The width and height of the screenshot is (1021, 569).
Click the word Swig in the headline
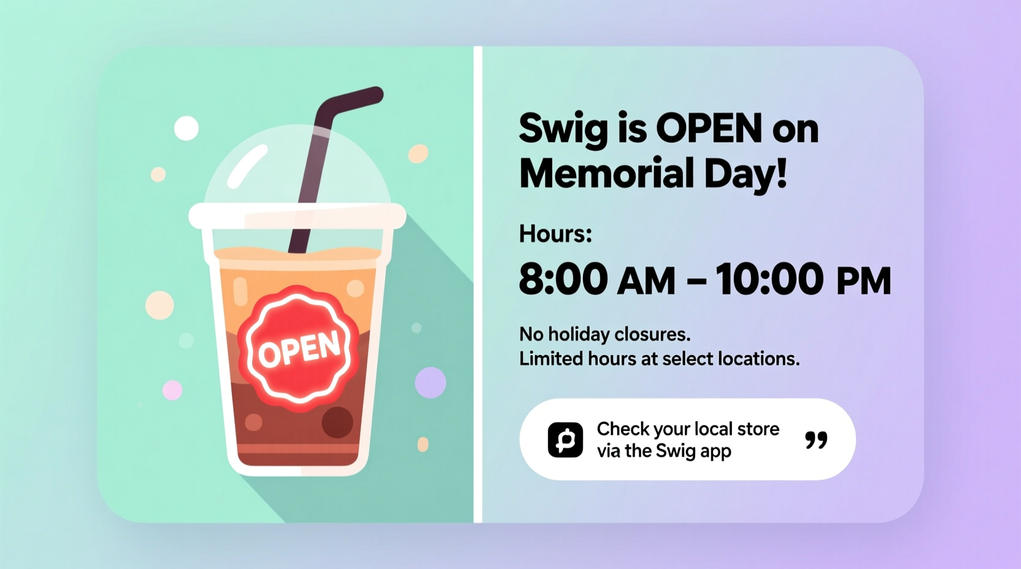[563, 129]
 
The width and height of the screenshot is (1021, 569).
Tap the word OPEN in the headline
[699, 129]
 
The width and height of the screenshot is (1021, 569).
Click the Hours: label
[555, 234]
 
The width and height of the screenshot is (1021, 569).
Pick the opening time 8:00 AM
[596, 280]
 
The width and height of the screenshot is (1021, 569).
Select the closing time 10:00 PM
[803, 280]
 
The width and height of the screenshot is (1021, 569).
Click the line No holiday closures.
[604, 334]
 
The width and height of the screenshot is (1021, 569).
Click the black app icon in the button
[565, 440]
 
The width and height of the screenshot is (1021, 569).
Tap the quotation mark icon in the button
[816, 440]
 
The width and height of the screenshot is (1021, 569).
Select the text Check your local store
[688, 429]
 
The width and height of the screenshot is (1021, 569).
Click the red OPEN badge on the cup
[299, 348]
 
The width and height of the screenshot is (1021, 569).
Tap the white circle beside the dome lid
[187, 128]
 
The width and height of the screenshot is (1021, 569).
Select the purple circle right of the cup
[430, 383]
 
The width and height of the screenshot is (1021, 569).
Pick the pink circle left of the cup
[172, 390]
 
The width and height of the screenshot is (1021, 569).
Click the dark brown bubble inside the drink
[337, 422]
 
